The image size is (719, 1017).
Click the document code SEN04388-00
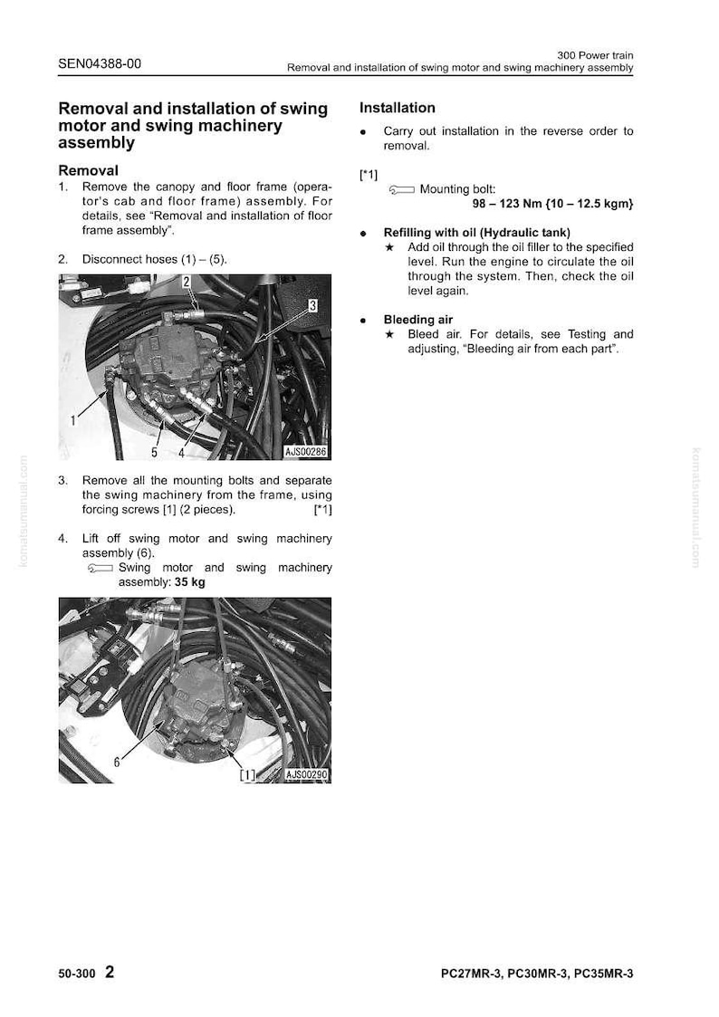click(x=100, y=63)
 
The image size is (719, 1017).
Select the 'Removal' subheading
click(x=88, y=170)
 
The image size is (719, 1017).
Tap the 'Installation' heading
click(x=398, y=108)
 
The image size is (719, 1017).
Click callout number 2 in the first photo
click(x=186, y=282)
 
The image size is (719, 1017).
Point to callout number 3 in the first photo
click(x=312, y=305)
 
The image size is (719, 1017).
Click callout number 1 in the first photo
click(x=73, y=421)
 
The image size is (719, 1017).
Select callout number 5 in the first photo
click(x=154, y=452)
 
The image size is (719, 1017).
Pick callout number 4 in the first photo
click(x=181, y=452)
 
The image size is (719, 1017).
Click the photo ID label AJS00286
click(x=305, y=451)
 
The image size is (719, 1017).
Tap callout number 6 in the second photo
click(x=117, y=763)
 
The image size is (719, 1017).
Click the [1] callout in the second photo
click(x=247, y=774)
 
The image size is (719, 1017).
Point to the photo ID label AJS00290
click(x=307, y=774)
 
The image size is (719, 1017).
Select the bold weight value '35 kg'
click(x=190, y=581)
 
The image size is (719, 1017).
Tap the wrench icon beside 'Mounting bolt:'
click(x=401, y=189)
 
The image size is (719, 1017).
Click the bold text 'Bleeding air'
click(x=418, y=319)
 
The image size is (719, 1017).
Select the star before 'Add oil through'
click(x=389, y=247)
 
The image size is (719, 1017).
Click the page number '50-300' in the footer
click(x=76, y=974)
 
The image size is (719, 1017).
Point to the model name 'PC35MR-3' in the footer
click(x=604, y=974)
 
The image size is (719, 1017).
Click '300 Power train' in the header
click(x=595, y=55)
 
